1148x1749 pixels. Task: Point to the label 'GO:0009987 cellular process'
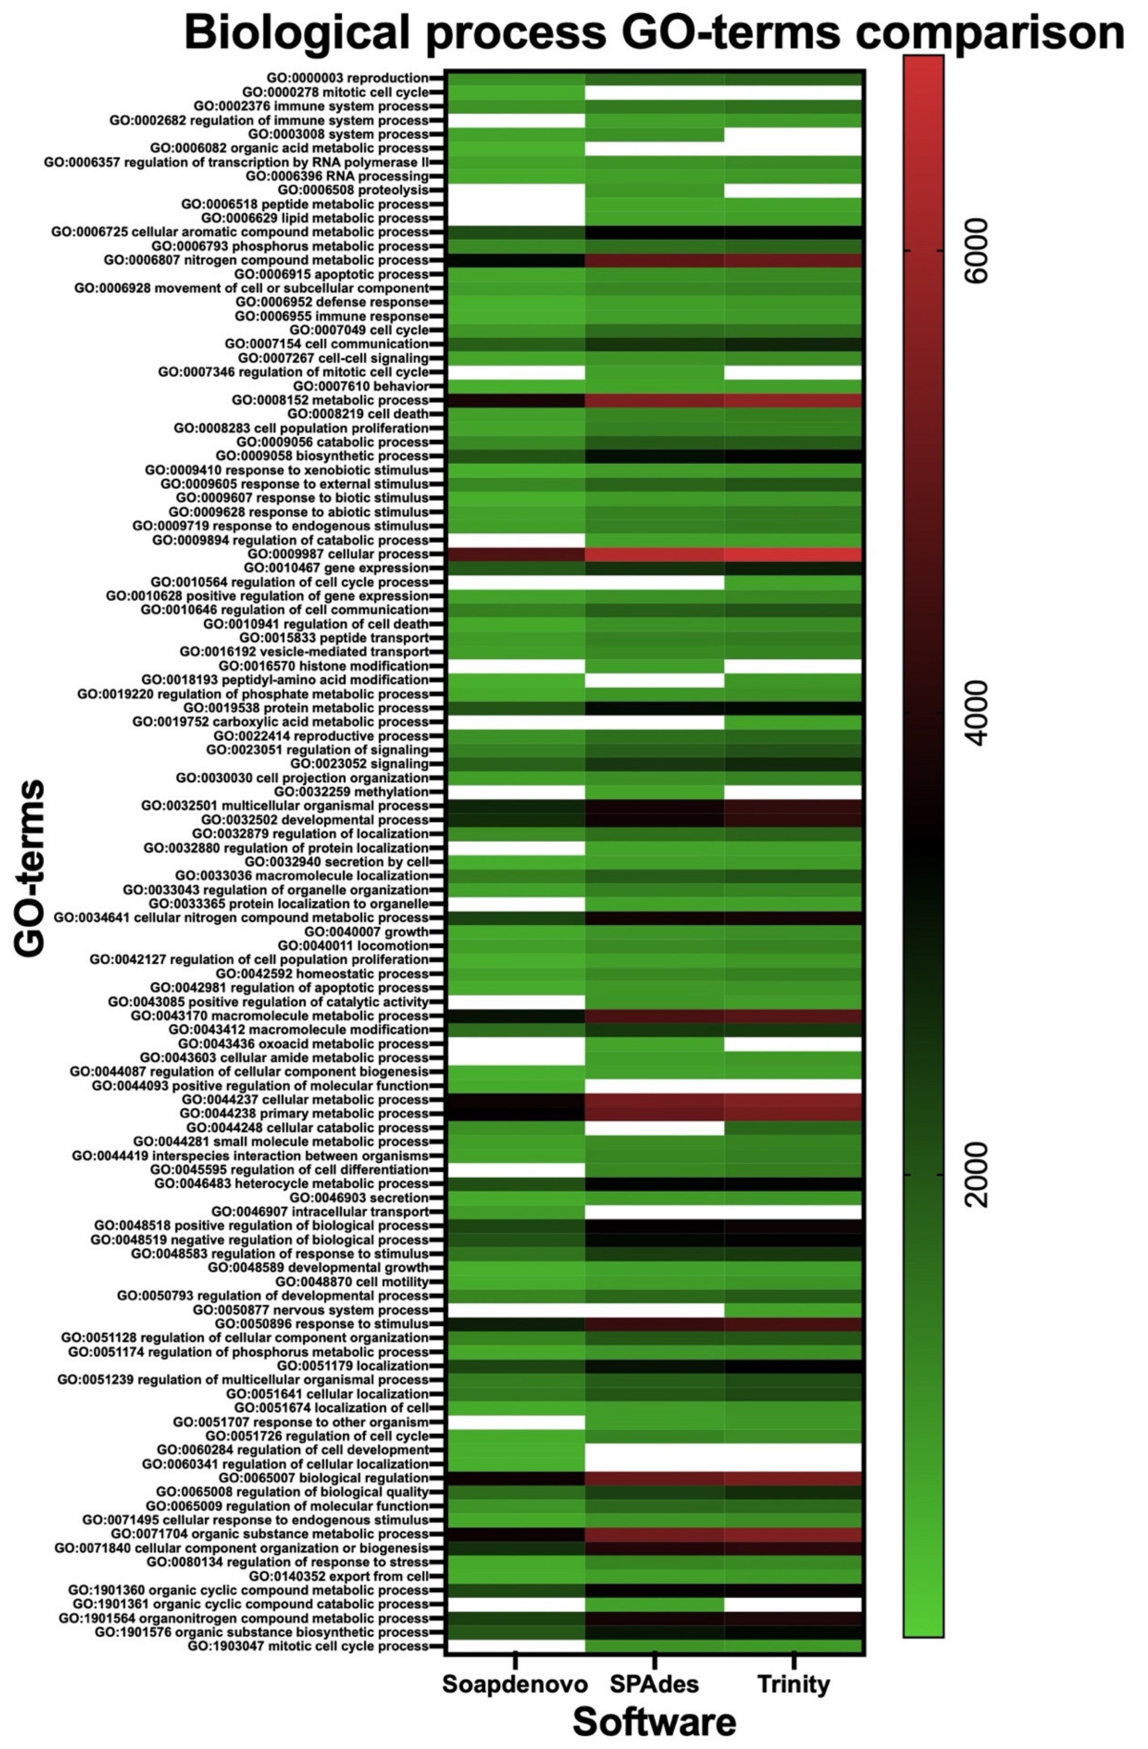pos(337,554)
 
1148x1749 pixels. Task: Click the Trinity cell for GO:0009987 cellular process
pos(793,554)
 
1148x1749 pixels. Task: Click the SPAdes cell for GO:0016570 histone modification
pos(654,666)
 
